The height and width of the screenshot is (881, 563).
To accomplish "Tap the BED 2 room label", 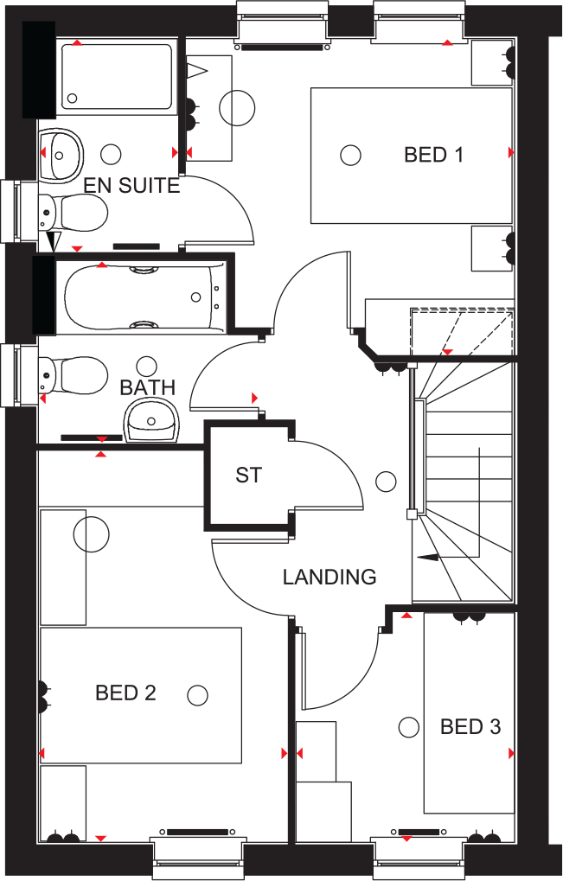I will point(125,693).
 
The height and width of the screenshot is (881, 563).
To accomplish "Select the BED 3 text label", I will point(470,727).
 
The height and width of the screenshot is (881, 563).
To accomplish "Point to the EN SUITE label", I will point(131,185).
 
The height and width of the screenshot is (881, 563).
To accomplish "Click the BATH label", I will point(148,387).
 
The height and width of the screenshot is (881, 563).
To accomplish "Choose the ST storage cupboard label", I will point(248,475).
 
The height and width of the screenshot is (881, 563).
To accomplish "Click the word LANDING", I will point(329,577).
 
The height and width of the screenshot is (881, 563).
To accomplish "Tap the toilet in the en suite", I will point(76,210).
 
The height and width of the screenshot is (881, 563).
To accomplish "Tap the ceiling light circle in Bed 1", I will point(349,155).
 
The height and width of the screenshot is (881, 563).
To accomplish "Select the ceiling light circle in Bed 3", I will point(406,726).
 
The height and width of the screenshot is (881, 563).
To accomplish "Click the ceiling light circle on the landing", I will point(386,481).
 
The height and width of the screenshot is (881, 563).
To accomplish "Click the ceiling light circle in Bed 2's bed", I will point(198,694).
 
